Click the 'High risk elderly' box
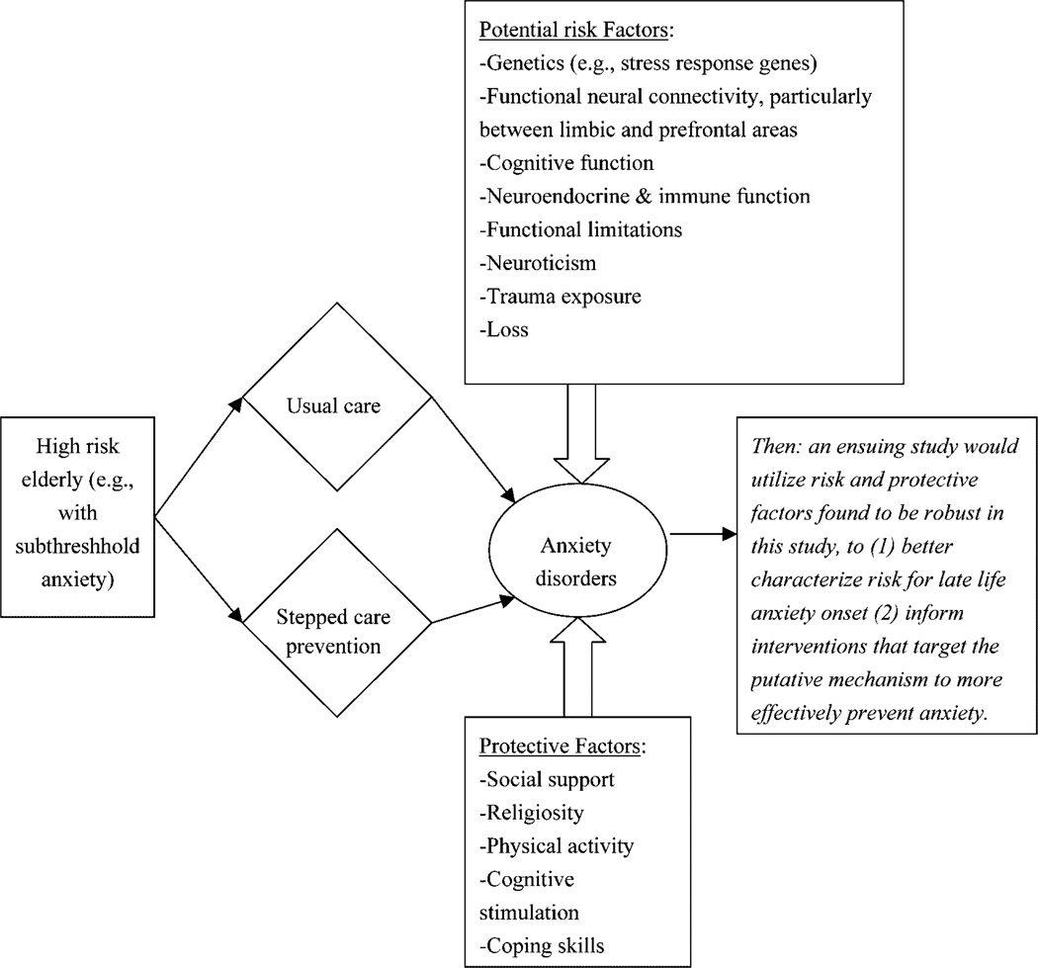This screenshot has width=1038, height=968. tap(78, 514)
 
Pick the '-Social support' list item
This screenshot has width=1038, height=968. tap(547, 779)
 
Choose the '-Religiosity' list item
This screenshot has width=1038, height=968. tap(532, 812)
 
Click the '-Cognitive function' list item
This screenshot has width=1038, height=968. tap(566, 162)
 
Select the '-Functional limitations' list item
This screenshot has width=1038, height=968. tap(581, 229)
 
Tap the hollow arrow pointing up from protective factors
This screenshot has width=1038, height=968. tap(577, 682)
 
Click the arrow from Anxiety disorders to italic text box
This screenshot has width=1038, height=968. tap(701, 536)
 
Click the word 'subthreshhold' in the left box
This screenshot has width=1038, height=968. tap(78, 546)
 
